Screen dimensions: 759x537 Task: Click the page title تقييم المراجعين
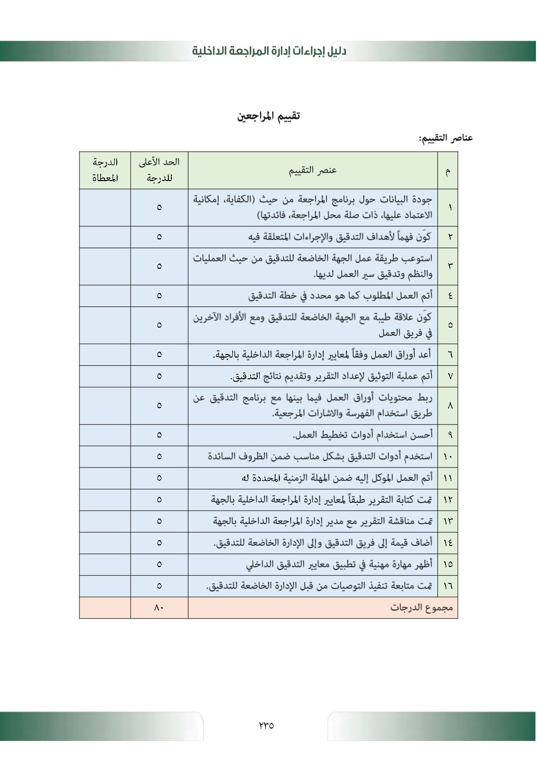click(x=268, y=116)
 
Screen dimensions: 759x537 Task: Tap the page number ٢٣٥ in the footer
click(x=266, y=725)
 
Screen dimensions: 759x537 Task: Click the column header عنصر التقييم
click(x=312, y=170)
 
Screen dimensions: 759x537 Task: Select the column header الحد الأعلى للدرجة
click(x=159, y=170)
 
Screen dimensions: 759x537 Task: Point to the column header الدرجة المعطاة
click(x=105, y=170)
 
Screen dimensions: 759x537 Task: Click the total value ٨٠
click(x=159, y=608)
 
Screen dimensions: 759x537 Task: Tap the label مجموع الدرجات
click(x=421, y=608)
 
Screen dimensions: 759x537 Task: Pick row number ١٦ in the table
click(x=448, y=586)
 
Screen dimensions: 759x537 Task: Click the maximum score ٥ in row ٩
click(x=159, y=435)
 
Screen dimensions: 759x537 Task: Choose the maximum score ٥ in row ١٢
click(x=159, y=499)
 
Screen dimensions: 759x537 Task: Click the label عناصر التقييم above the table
click(x=446, y=138)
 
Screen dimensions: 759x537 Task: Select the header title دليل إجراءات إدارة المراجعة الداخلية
click(x=269, y=51)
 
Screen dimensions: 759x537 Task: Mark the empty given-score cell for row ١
click(x=105, y=207)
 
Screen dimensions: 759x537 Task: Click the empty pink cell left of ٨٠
click(x=105, y=608)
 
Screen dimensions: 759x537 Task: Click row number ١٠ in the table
click(x=448, y=457)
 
